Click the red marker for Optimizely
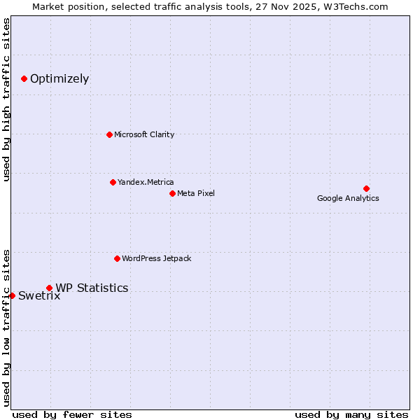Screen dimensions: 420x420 click(x=24, y=78)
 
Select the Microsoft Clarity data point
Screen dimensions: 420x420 click(x=109, y=134)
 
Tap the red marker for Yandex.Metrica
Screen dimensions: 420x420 click(x=113, y=182)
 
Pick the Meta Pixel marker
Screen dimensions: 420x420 click(x=172, y=193)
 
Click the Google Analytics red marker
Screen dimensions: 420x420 click(x=366, y=188)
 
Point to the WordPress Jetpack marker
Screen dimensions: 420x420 click(x=117, y=258)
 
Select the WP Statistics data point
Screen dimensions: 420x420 click(x=49, y=288)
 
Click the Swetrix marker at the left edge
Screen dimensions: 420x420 click(x=12, y=295)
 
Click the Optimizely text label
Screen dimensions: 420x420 click(x=59, y=78)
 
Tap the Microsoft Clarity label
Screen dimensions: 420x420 click(x=144, y=134)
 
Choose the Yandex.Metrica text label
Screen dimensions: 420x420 click(x=146, y=182)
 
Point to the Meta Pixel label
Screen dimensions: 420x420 click(x=196, y=193)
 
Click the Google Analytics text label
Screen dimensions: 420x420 click(x=348, y=198)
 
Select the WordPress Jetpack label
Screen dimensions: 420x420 click(x=156, y=258)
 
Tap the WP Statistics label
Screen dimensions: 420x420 click(x=92, y=288)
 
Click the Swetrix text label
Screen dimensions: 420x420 click(x=39, y=295)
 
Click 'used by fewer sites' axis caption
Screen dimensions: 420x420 click(x=72, y=414)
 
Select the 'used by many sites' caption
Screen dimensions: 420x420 click(x=351, y=414)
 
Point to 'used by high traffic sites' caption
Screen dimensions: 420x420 click(x=6, y=99)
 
